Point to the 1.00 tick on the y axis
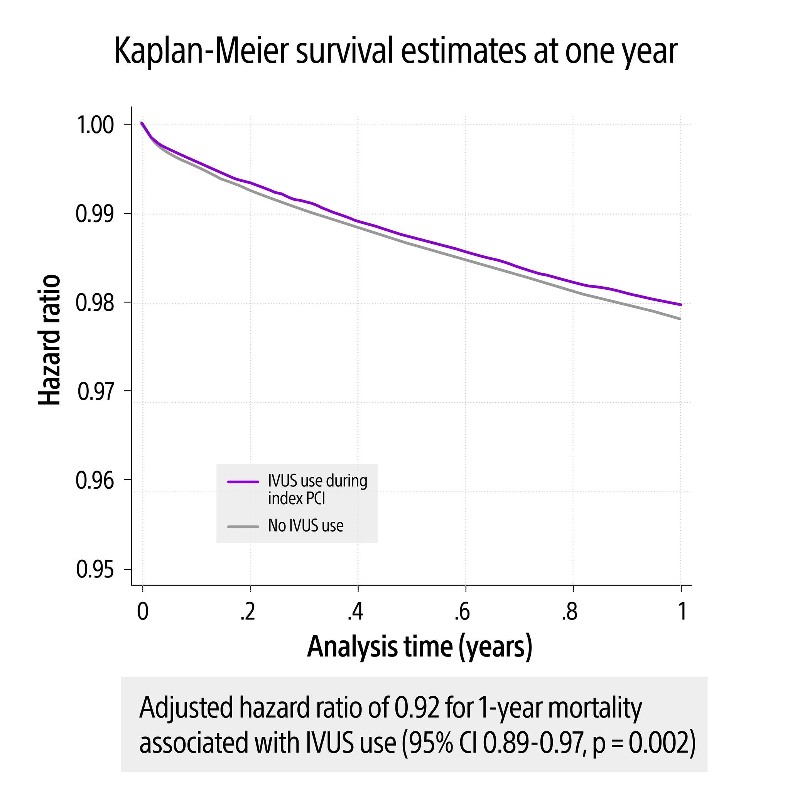point(95,125)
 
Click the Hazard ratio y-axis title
point(49,340)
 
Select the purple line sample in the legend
point(243,482)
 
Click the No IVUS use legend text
point(306,526)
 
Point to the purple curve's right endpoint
point(680,304)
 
